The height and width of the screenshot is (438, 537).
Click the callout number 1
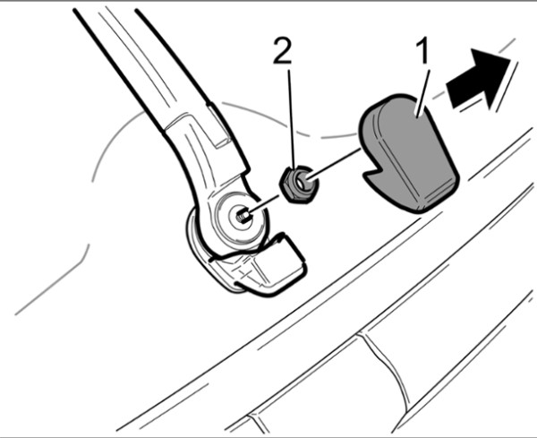(x=423, y=51)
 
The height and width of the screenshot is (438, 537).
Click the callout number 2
(x=283, y=51)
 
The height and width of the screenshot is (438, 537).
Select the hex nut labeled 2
(x=298, y=183)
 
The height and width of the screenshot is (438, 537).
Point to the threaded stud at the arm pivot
(x=243, y=217)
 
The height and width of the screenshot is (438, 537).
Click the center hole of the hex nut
(x=303, y=183)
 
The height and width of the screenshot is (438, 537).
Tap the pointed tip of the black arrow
(x=509, y=59)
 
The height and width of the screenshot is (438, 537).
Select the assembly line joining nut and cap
(x=335, y=163)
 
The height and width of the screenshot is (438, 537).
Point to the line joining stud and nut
(x=266, y=205)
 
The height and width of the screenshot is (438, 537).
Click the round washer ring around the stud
(x=242, y=217)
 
